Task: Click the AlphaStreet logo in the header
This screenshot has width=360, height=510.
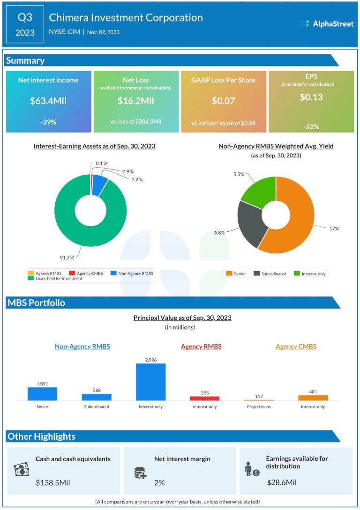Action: [x=326, y=23]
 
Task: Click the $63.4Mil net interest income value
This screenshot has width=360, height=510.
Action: [x=48, y=101]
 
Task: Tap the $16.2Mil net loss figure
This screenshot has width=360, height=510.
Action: [x=136, y=101]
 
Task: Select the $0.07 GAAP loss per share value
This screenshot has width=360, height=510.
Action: [x=223, y=101]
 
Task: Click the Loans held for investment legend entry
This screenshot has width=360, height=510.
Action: [x=55, y=278]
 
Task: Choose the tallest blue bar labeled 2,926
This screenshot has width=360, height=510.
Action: [x=151, y=382]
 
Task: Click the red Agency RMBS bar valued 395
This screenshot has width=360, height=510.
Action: [x=205, y=398]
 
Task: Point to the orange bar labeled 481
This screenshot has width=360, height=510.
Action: [x=313, y=398]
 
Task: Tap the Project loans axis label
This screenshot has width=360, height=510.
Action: [x=259, y=407]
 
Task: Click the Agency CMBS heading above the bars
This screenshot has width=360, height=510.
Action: [x=296, y=347]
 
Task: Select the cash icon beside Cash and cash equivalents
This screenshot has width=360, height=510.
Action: [x=22, y=470]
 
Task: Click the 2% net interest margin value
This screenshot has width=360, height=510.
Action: [x=160, y=482]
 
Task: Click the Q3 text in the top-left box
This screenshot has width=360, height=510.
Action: [x=25, y=18]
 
